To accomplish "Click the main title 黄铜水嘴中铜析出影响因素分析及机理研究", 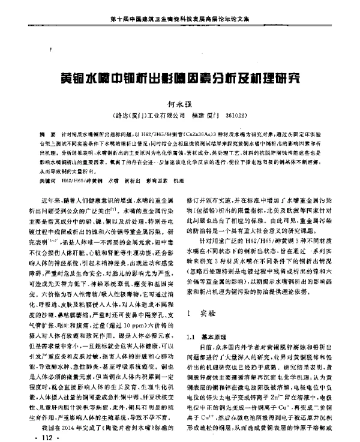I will (179, 79).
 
